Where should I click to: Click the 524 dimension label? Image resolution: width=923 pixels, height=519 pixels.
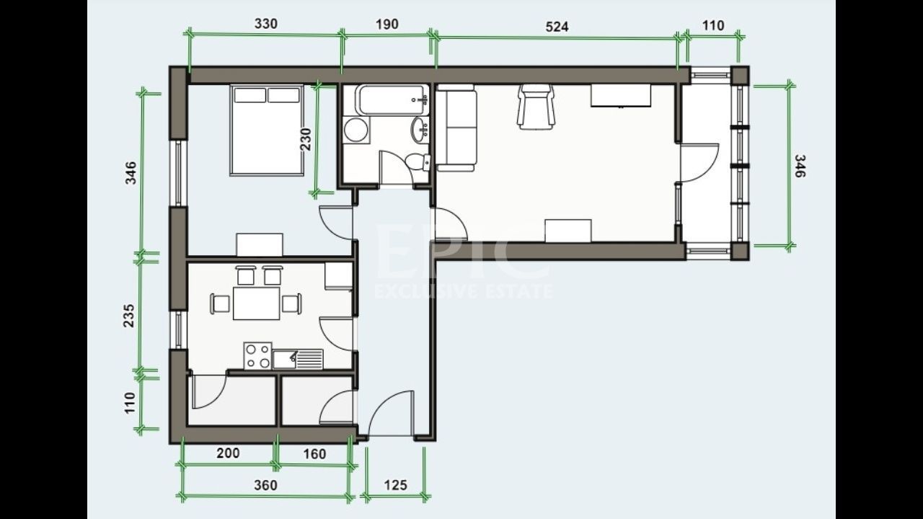[x=557, y=27]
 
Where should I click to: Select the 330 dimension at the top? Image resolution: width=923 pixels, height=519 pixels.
[x=265, y=23]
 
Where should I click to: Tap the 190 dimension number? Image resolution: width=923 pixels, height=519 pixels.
[x=387, y=24]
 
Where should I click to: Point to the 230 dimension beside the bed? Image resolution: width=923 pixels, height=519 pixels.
[x=306, y=140]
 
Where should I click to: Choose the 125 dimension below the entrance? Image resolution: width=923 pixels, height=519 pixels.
[x=394, y=484]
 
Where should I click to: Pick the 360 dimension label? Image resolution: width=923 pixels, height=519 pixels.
[x=265, y=485]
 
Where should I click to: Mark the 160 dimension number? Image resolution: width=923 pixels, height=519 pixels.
[x=314, y=454]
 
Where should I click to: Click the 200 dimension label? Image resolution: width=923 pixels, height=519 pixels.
[x=228, y=453]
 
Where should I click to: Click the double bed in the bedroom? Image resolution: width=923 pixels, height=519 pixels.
[x=266, y=130]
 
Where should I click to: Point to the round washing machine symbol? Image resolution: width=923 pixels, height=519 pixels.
[x=355, y=130]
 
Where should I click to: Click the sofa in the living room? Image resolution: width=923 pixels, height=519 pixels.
[x=457, y=128]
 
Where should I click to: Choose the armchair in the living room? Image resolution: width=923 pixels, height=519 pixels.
[x=536, y=107]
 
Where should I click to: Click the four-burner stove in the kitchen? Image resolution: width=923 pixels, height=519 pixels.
[x=258, y=355]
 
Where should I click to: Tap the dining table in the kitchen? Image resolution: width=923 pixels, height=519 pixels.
[x=256, y=303]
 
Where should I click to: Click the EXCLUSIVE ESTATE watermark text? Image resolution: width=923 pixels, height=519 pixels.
[x=464, y=291]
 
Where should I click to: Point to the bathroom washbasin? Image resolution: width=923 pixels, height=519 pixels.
[x=420, y=130]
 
